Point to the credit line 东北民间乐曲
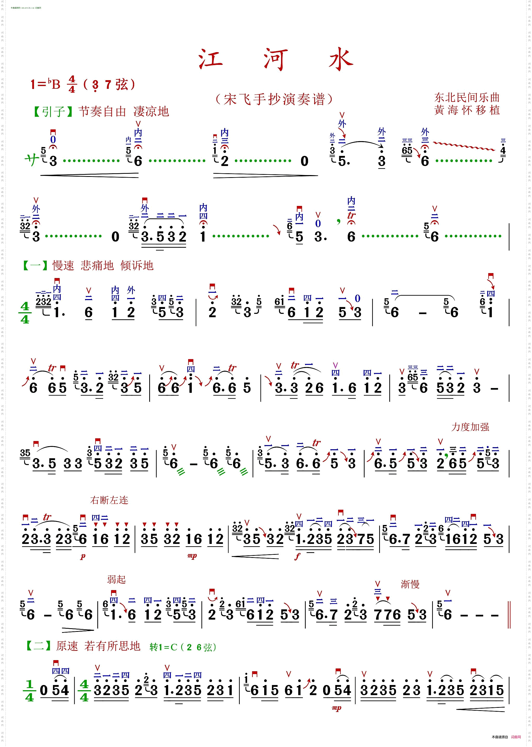click(467, 97)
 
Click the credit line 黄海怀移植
click(467, 110)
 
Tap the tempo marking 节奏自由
click(102, 112)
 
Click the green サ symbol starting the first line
click(32, 160)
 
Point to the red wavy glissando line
click(463, 146)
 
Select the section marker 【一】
click(35, 265)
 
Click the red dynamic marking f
click(297, 556)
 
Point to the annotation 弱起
click(116, 579)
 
